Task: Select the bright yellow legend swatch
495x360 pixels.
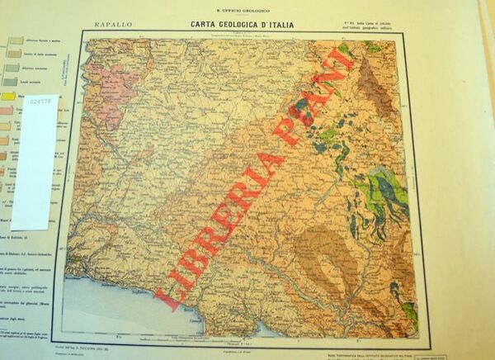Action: [6, 97]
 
